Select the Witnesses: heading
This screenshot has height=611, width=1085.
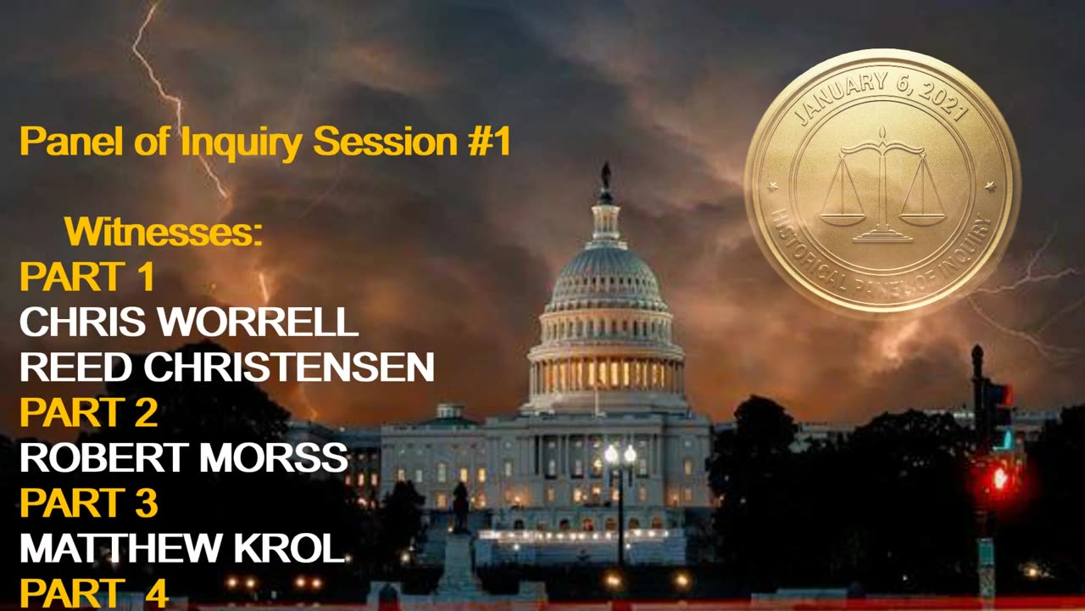tap(164, 232)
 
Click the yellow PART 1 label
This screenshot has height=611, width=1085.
tap(86, 277)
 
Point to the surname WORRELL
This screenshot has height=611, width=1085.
tap(257, 322)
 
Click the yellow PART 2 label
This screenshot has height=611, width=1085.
tap(89, 412)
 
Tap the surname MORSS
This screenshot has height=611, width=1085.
tap(274, 457)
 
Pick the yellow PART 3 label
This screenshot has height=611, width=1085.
tap(89, 502)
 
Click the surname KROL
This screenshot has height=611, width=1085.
tap(289, 548)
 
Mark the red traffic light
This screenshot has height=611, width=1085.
tap(999, 478)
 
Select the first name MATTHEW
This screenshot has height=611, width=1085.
tap(120, 548)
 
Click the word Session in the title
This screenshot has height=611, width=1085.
tap(386, 141)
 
